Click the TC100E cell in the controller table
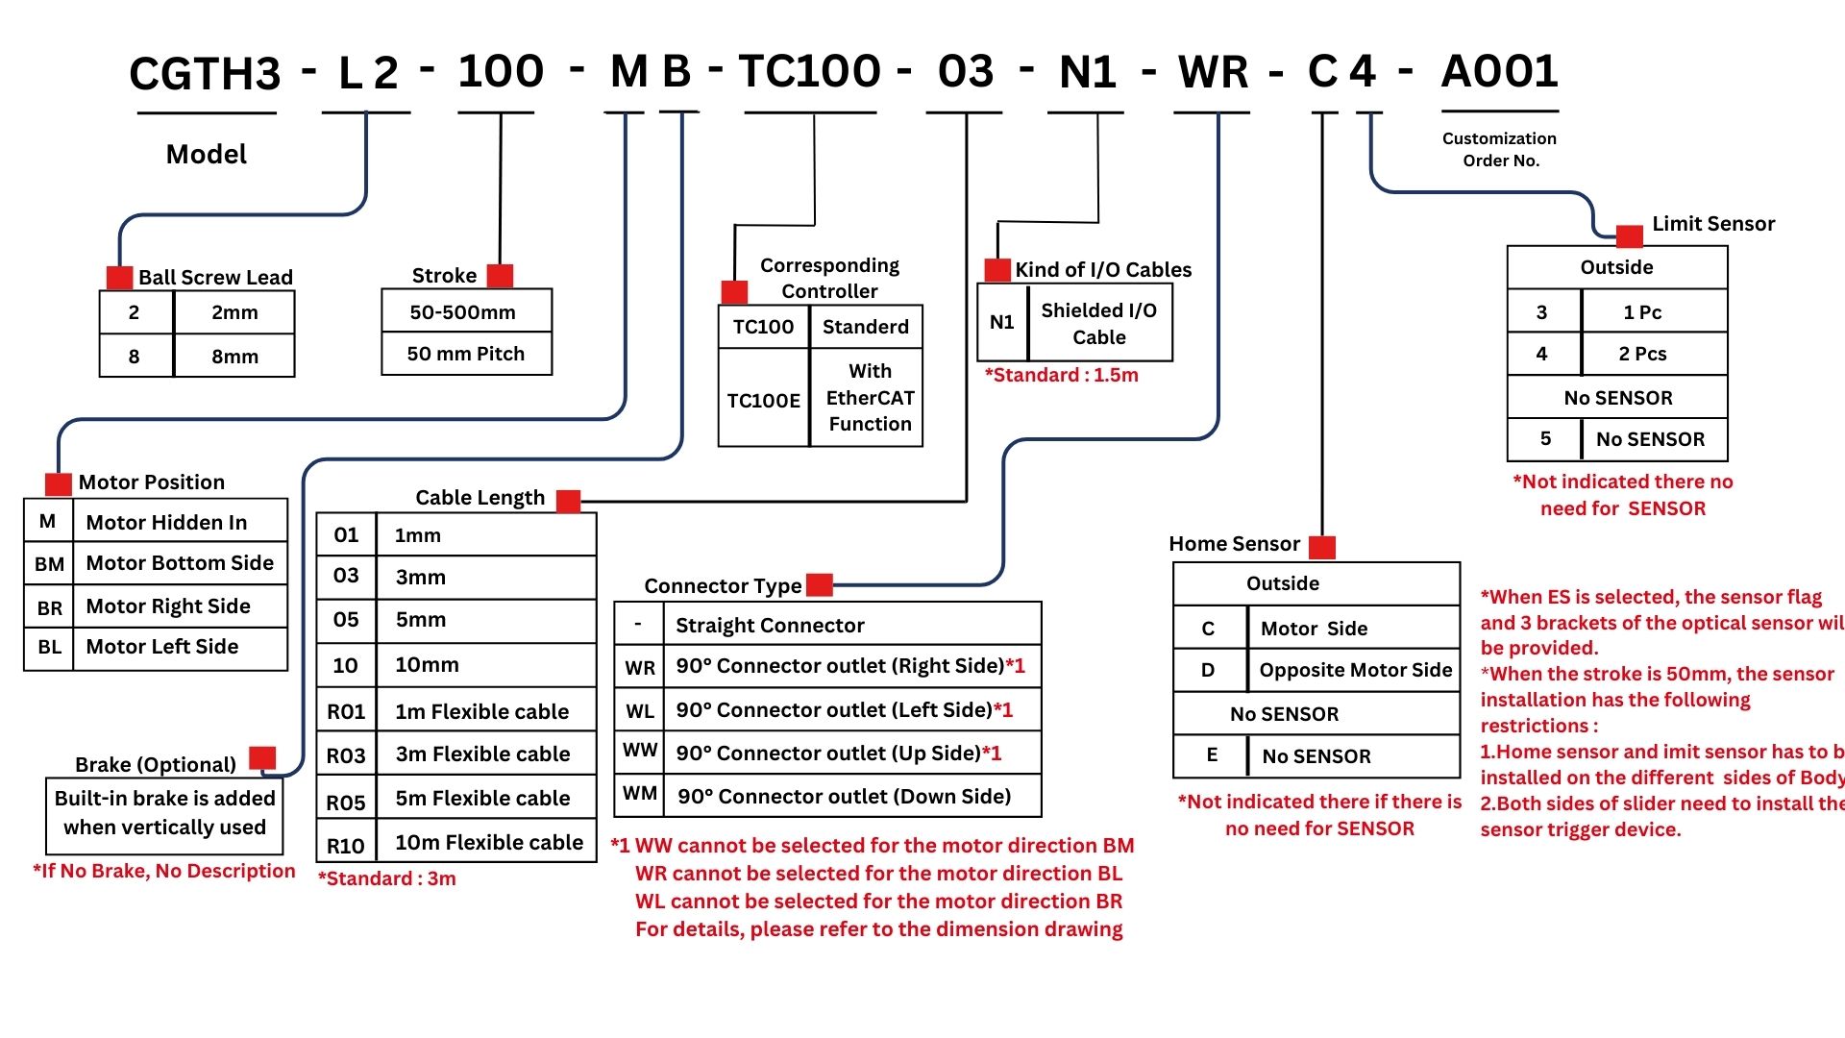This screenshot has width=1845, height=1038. pos(763,400)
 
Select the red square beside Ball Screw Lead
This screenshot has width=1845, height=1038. pos(119,278)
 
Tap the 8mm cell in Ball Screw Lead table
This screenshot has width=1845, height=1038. pos(234,357)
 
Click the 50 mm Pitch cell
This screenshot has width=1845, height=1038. pos(466,354)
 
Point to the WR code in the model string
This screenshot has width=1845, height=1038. pos(1213,73)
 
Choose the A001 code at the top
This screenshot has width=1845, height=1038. pos(1499,71)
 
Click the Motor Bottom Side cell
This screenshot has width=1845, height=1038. pos(180,563)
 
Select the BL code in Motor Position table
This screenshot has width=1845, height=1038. pos(49,647)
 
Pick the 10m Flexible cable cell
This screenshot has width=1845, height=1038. pos(488,843)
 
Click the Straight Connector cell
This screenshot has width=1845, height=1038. pos(770,626)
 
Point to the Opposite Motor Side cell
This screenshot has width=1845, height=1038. pos(1355,670)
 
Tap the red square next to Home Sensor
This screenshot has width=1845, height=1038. pos(1322,547)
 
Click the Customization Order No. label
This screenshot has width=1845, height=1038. pos(1499,150)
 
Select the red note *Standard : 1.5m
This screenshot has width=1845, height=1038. pos(1061,376)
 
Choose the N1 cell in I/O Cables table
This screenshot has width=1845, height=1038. pos(1001,323)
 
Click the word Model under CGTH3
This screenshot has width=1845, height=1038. pos(206,155)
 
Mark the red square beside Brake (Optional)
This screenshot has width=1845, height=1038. pos(262,757)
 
